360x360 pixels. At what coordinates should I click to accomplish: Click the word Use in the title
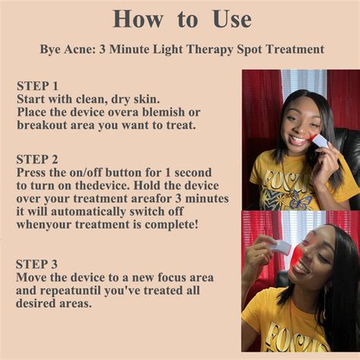point(232,19)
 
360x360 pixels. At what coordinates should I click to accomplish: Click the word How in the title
point(137,19)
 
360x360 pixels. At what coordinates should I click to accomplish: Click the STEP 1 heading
point(37,86)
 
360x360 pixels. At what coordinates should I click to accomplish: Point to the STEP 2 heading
point(37,159)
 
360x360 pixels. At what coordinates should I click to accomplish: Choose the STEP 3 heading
point(36,264)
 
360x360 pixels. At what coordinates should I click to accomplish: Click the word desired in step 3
point(36,304)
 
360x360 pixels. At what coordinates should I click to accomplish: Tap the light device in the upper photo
point(320,144)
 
